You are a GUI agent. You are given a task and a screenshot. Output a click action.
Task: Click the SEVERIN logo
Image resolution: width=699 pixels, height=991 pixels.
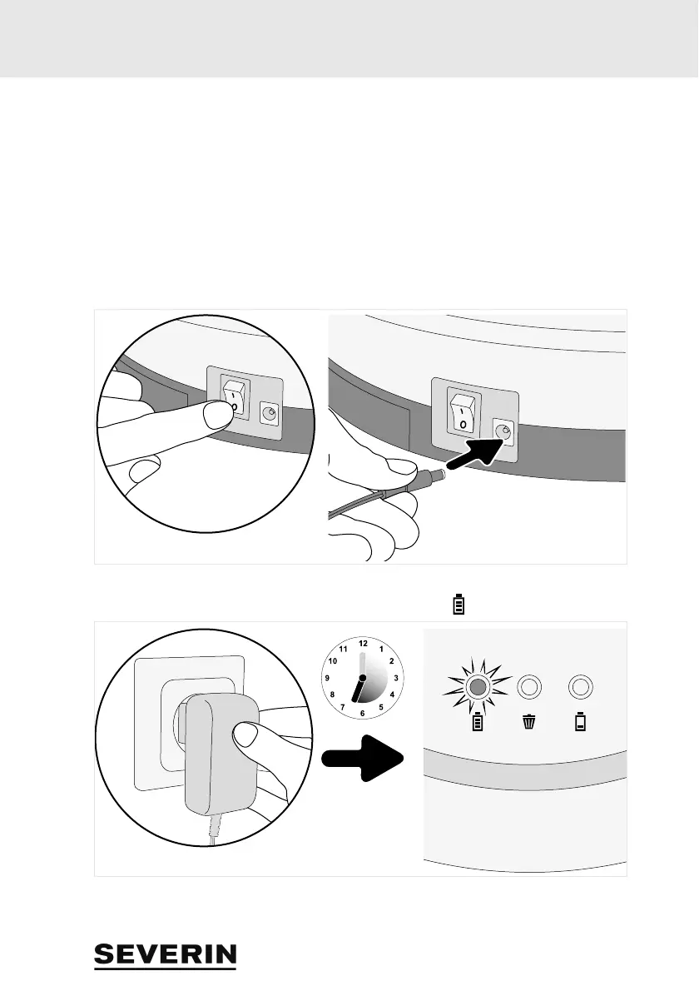pos(165,956)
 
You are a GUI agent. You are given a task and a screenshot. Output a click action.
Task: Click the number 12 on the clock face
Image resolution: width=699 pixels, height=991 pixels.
pos(362,644)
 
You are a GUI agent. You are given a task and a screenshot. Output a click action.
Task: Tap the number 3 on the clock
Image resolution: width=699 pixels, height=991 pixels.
pos(395,678)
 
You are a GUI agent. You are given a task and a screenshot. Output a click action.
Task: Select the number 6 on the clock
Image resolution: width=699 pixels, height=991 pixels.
pos(362,713)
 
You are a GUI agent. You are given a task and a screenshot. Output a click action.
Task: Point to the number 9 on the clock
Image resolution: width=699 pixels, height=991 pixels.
pos(328,678)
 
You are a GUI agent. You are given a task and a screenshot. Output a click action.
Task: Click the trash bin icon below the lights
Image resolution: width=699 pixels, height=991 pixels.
pos(529,722)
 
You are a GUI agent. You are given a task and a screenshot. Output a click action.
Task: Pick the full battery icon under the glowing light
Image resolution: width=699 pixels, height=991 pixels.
pos(478,722)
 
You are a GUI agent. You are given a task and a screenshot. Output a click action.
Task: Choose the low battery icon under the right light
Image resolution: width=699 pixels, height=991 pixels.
pos(580,722)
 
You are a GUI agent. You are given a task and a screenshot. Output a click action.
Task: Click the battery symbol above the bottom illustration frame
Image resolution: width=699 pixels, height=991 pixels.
pos(457,604)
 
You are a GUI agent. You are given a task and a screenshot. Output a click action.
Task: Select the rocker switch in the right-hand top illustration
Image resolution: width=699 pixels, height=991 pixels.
pos(459,411)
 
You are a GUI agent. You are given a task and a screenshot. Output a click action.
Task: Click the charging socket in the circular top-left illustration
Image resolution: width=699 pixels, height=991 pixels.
pos(269,413)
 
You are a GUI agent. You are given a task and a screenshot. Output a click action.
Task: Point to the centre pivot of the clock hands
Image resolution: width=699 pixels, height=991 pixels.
pos(362,678)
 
